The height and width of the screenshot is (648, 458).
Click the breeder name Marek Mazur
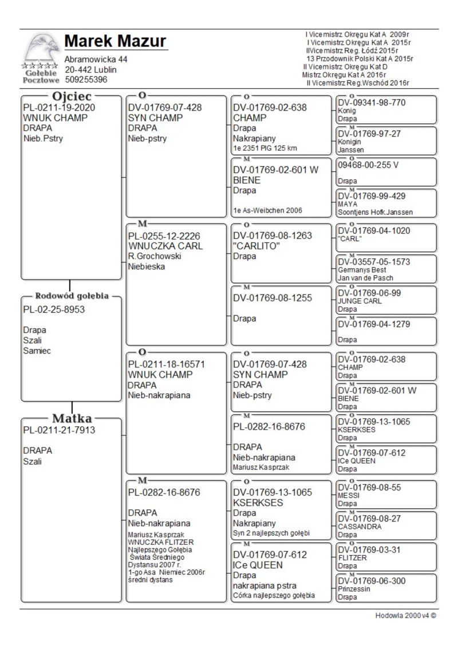[115, 42]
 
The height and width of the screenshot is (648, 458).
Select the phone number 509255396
[86, 80]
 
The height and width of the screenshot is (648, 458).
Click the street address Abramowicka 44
[96, 60]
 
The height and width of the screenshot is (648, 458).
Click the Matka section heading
[72, 418]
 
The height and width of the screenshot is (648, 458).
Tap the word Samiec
[37, 351]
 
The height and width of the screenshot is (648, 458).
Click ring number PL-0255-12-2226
[165, 235]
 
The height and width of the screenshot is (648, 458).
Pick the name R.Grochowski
[155, 256]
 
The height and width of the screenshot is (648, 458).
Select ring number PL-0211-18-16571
[167, 364]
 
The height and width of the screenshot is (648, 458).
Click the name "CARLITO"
[255, 246]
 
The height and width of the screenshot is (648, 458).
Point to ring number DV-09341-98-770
[372, 103]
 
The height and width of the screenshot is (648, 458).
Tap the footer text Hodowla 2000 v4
[405, 616]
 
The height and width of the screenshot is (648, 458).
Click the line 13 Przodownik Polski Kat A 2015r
[360, 58]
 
